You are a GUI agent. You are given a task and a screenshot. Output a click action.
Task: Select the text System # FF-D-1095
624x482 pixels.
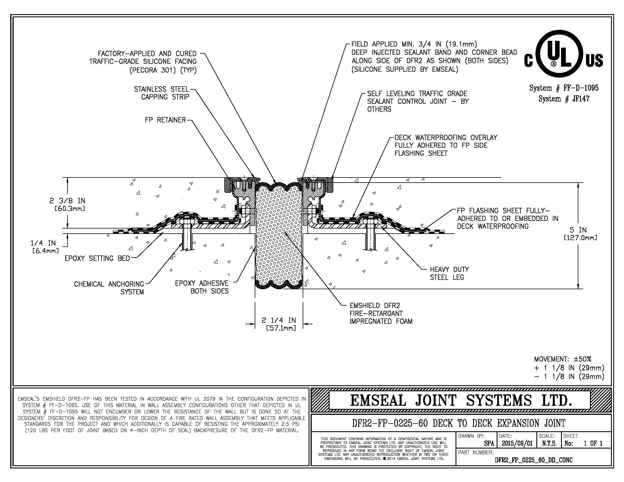tap(564, 88)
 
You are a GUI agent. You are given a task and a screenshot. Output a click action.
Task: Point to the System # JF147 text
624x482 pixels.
tap(564, 99)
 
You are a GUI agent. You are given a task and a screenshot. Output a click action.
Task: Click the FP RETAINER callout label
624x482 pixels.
tap(165, 120)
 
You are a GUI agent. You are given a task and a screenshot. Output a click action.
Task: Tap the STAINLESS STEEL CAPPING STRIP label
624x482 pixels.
tap(162, 93)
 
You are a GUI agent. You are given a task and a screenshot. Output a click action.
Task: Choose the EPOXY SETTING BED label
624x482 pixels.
tap(97, 258)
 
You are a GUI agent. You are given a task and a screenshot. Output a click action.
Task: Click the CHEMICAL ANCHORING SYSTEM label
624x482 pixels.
tap(109, 288)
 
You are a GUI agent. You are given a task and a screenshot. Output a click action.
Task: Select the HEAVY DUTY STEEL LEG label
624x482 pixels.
tap(450, 273)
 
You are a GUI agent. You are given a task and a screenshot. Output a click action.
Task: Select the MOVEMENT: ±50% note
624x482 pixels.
tap(562, 359)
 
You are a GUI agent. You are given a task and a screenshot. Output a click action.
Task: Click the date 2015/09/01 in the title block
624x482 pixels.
tap(517, 443)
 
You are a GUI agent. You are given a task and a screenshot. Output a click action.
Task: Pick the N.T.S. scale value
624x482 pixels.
tap(549, 443)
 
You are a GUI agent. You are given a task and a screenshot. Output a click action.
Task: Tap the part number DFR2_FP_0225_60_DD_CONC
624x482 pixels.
tap(534, 460)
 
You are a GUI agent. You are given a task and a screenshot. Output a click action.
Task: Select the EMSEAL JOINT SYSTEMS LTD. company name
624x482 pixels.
tap(461, 400)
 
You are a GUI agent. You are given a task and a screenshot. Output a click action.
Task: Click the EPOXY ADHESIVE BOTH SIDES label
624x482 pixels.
tap(202, 287)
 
